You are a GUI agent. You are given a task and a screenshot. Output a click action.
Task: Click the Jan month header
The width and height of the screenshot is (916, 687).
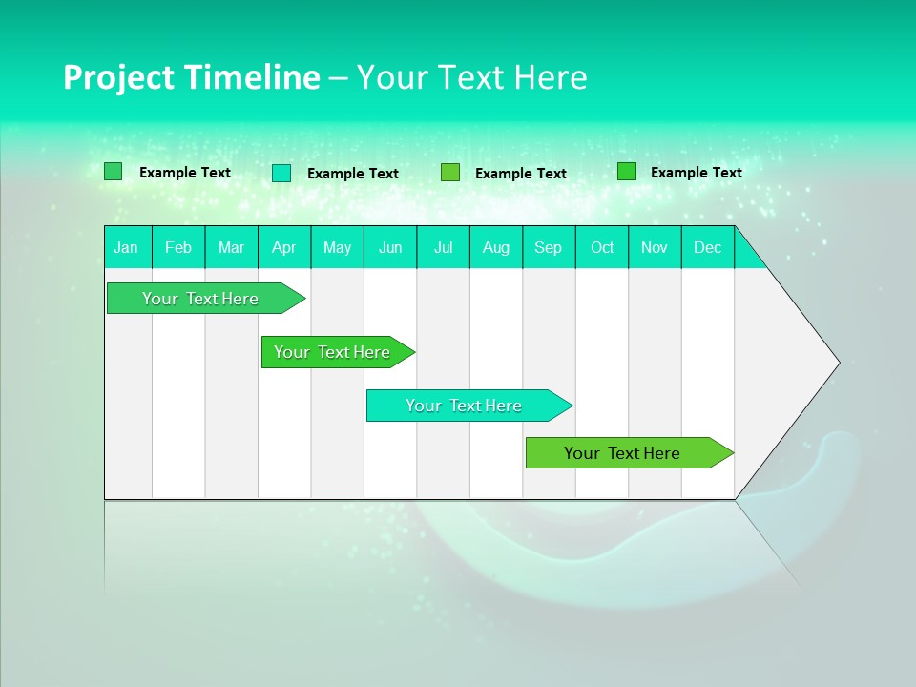pos(126,248)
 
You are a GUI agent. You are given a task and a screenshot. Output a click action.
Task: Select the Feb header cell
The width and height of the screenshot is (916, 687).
pos(178,248)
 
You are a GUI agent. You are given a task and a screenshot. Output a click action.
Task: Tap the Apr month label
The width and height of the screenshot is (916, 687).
pos(284,248)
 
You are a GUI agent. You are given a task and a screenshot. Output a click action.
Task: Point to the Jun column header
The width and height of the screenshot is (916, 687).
pos(390,248)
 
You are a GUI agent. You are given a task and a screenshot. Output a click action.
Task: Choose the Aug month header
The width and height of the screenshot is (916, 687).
pos(496,248)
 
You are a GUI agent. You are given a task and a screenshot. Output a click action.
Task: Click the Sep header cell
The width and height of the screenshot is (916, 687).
pos(549,248)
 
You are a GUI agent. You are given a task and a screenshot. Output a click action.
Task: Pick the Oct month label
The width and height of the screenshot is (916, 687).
pos(602,248)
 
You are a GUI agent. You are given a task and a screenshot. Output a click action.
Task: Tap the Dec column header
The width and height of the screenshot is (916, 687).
pos(708,248)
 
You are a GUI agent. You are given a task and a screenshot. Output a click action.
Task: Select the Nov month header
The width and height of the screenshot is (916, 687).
pos(655,248)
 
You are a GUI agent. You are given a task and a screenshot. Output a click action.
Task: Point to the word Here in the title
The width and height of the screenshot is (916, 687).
pos(551,78)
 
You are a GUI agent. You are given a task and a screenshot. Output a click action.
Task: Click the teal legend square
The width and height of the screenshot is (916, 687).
pos(281,173)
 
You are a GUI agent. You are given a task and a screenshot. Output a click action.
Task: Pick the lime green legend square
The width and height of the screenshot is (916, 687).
pos(450,173)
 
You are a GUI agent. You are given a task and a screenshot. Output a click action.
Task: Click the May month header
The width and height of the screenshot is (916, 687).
pos(337,248)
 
